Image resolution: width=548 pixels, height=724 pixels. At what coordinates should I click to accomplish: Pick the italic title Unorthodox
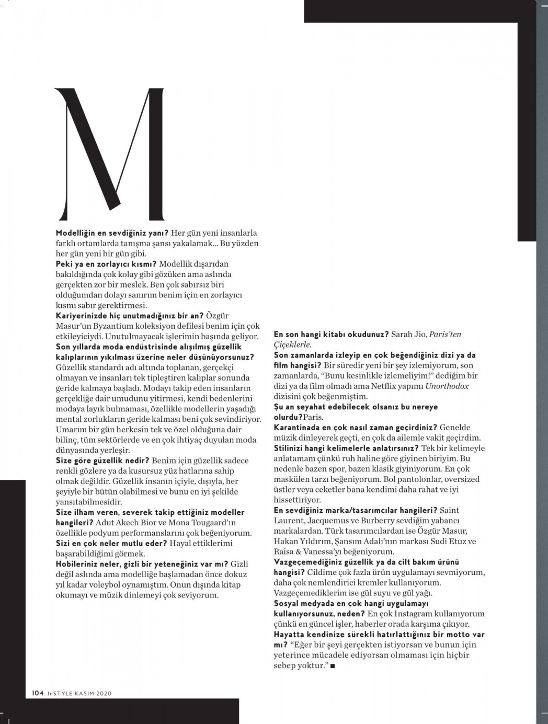tap(447, 386)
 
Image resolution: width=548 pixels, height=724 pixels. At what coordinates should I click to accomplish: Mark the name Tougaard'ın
tap(212, 523)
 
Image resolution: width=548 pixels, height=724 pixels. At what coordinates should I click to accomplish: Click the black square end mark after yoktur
tap(333, 666)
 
